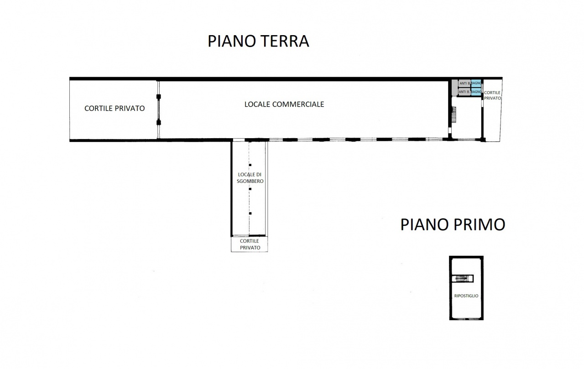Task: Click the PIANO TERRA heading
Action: (258, 41)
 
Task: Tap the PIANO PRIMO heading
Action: (453, 224)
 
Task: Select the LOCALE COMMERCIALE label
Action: (284, 104)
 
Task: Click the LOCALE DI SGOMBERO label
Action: (250, 178)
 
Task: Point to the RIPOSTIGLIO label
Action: (466, 296)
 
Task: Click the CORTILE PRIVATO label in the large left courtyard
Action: (115, 109)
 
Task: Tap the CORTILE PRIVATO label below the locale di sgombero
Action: (249, 244)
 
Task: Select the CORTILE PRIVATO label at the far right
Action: (492, 95)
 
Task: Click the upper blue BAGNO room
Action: (476, 83)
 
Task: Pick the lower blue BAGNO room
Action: (476, 92)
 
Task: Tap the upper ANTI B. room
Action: (464, 83)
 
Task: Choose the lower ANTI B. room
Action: (464, 92)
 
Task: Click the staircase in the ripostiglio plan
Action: (463, 278)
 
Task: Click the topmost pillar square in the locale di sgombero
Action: (250, 165)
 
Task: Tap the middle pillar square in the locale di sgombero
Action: (250, 189)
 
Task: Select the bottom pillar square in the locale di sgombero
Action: (250, 213)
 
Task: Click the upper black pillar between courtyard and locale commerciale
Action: (158, 97)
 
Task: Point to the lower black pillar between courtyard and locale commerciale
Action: (158, 122)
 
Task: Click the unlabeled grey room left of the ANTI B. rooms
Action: (454, 88)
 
